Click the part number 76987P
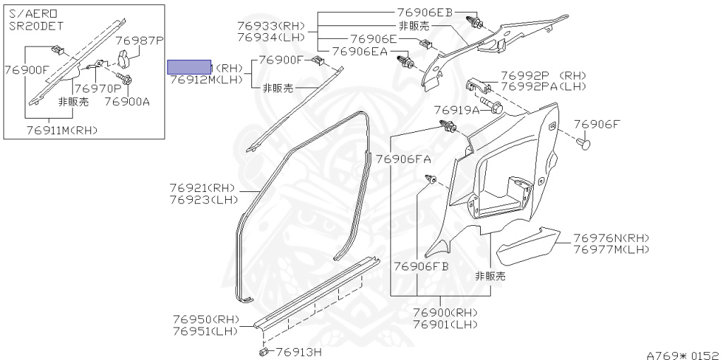[139, 42]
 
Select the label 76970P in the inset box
[97, 89]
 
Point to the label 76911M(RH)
[62, 130]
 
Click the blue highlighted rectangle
[189, 67]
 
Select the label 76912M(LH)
[206, 80]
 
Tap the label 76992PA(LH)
[544, 86]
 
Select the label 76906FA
[403, 159]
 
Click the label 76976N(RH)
[611, 238]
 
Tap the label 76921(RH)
[202, 188]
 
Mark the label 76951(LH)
[206, 330]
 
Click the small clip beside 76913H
[263, 351]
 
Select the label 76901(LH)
[445, 324]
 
